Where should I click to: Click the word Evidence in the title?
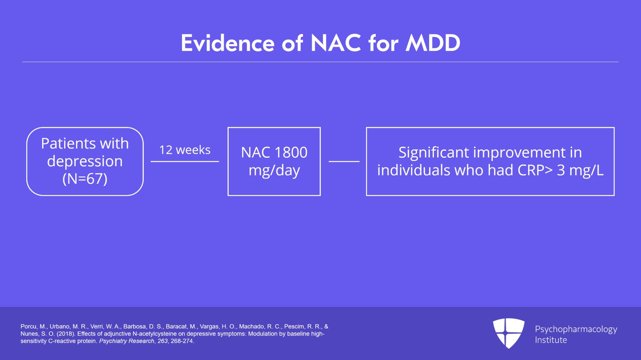click(x=227, y=43)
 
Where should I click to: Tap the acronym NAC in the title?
click(x=336, y=43)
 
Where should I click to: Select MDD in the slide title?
click(x=433, y=43)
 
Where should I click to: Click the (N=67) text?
click(x=85, y=179)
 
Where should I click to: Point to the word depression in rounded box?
click(x=85, y=161)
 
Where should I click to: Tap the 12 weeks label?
click(x=185, y=150)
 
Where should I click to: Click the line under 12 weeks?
click(x=185, y=161)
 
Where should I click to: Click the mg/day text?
click(x=274, y=171)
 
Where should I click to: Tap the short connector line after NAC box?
click(x=344, y=161)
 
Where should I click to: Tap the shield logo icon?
click(x=508, y=333)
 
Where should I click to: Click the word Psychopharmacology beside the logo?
click(x=576, y=329)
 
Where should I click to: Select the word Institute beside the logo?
click(x=551, y=340)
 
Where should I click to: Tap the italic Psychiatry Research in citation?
click(x=127, y=341)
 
